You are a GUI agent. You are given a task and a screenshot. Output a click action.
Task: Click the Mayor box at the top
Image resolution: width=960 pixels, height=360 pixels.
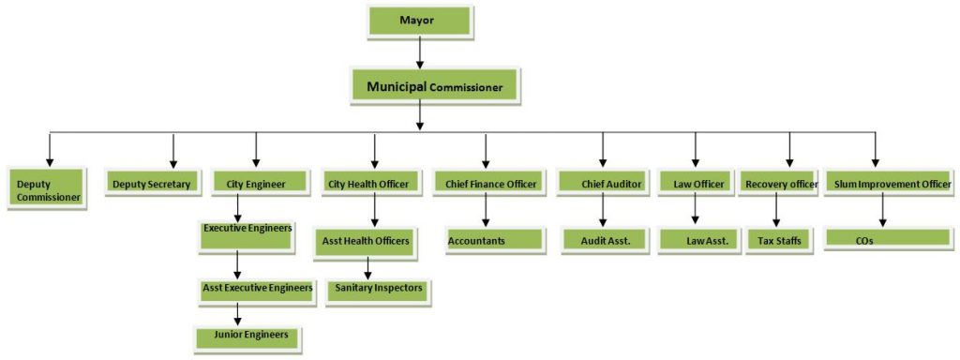419,21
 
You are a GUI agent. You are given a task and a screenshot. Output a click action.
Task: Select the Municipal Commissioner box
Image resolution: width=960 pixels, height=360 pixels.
433,87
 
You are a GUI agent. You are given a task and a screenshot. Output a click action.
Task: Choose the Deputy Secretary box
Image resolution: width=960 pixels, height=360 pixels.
151,185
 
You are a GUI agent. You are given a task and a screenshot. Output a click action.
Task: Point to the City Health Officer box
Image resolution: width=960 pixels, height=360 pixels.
368,185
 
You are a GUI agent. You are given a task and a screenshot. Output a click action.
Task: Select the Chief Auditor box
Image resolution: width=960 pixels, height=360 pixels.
602,185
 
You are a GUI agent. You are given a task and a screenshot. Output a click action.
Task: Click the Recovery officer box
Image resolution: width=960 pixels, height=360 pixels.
779,185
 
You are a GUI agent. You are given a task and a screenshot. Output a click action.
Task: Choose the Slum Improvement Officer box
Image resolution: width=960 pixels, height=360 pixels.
892,185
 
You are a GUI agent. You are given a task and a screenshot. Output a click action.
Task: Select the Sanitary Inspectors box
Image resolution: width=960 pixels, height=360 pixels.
379,289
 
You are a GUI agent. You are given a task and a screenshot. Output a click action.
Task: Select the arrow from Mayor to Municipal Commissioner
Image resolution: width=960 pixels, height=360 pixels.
419,52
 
